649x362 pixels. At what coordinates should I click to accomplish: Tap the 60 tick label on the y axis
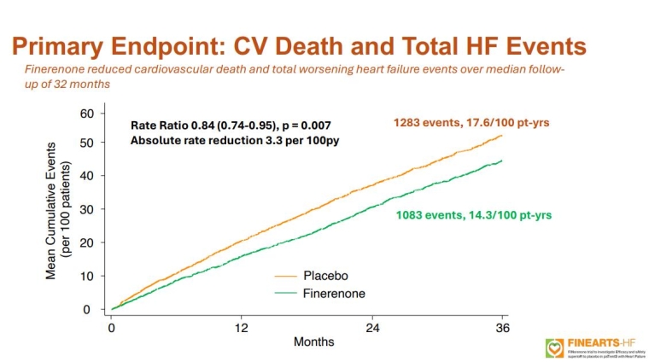coord(86,113)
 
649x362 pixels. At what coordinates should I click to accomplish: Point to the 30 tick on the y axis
coord(86,209)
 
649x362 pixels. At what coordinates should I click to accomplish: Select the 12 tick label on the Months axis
coord(242,327)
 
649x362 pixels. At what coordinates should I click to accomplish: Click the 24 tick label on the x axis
coord(372,327)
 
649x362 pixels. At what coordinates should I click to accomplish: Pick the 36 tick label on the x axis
coord(502,327)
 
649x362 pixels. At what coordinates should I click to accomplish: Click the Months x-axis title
coord(314,342)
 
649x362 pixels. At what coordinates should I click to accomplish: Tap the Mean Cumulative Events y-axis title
coord(57,209)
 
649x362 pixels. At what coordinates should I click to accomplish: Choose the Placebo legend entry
coord(325,276)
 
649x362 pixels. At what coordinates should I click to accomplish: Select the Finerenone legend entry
coord(334,293)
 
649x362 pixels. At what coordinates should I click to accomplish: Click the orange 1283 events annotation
coord(471,123)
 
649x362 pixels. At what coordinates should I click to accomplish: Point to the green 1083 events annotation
coord(473,215)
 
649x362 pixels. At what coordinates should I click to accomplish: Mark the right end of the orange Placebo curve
coord(502,135)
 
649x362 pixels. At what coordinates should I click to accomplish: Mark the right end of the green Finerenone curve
coord(502,161)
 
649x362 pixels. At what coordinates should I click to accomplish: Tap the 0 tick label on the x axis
coord(111,327)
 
